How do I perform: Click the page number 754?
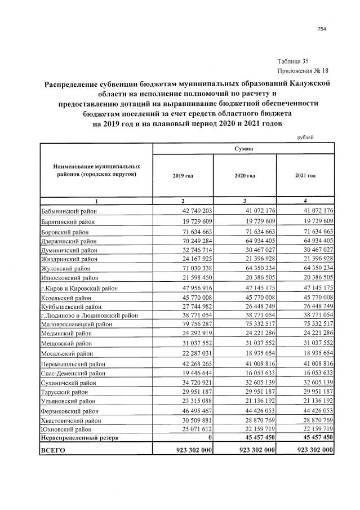[x=322, y=29]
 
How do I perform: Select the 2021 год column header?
[x=305, y=176]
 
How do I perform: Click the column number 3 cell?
[x=244, y=201]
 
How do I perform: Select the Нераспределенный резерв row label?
[x=79, y=438]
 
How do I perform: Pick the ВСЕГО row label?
[x=54, y=450]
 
